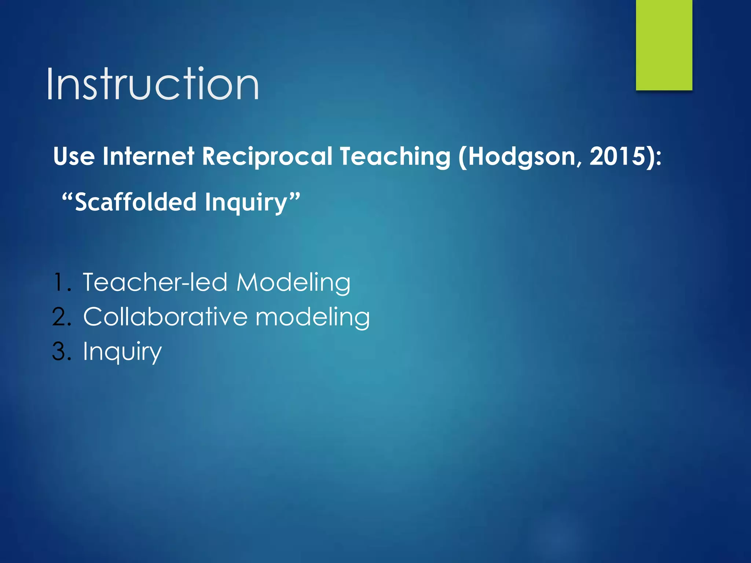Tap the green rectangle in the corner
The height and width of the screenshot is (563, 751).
(664, 45)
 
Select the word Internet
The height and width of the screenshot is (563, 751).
(148, 157)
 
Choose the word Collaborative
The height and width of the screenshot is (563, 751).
(165, 317)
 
